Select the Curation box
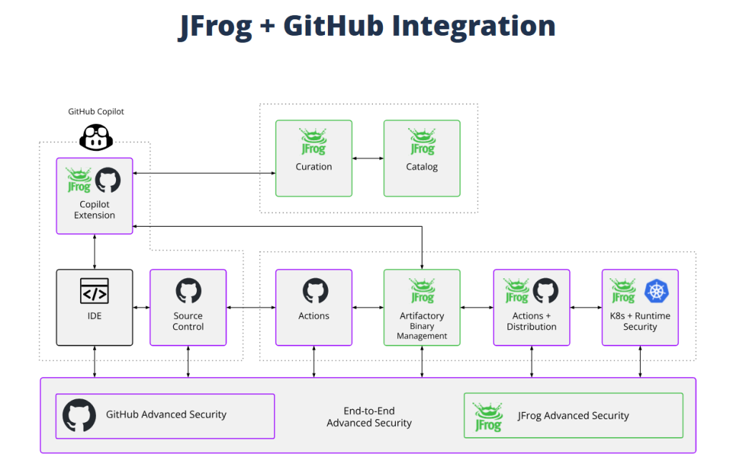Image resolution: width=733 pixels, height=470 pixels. pos(314,158)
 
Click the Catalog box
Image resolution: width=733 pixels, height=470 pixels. pos(422,158)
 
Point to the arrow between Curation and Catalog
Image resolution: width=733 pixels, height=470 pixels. pos(368,158)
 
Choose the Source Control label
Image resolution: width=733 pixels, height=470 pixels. pos(188,321)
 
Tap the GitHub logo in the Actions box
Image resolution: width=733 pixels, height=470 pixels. pos(314,291)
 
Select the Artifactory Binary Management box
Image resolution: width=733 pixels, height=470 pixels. pos(422,308)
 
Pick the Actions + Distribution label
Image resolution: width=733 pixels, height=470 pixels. pos(531,321)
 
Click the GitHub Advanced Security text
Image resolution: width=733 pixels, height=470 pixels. pos(166,414)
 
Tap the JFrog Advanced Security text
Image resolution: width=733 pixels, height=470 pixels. pos(573,416)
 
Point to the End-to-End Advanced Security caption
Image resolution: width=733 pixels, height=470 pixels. pos(369,417)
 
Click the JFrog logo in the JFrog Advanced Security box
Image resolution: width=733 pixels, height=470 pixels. pos(488,416)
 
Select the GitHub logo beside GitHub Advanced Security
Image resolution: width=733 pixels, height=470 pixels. pos(79,416)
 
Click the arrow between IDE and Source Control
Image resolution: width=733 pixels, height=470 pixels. pos(142,308)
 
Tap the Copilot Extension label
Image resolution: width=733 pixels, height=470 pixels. pos(94,210)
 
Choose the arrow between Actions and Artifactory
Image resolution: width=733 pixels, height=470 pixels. pos(368,308)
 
